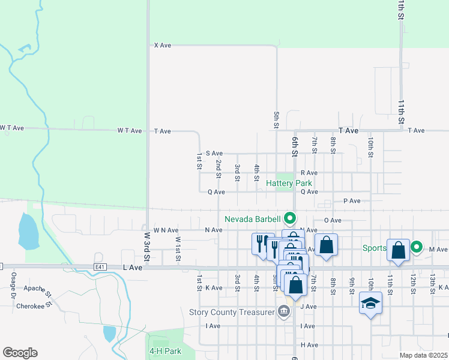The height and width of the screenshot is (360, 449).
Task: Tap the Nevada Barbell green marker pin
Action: (x=291, y=218)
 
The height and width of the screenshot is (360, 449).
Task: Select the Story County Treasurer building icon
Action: (x=283, y=311)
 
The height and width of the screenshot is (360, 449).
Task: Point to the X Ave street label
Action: (x=163, y=45)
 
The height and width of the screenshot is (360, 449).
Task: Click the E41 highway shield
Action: (x=99, y=266)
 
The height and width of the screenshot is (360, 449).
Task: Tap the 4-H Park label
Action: (x=165, y=350)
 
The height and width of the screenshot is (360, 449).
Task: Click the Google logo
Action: (x=20, y=353)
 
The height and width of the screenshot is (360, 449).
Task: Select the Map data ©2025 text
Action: (x=423, y=355)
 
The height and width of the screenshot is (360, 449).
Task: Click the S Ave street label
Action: (x=214, y=153)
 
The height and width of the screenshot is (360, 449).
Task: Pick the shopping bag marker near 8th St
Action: (x=326, y=245)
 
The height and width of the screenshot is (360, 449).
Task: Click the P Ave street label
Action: (x=352, y=201)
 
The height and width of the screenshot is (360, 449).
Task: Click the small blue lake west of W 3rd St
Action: (x=29, y=232)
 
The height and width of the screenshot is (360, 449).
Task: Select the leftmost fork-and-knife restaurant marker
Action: (x=262, y=244)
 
